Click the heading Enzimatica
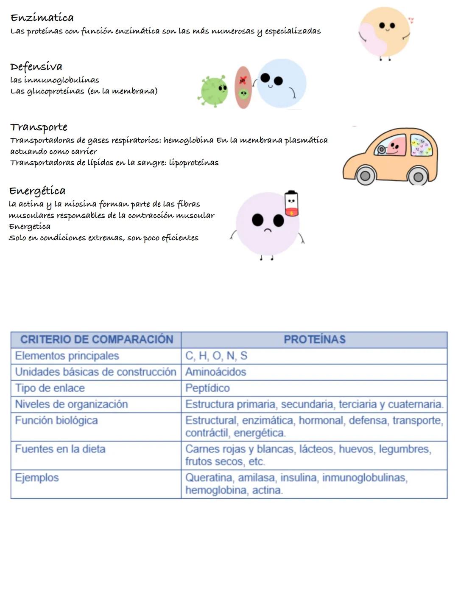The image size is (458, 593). point(42,17)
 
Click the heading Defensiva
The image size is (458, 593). point(36,67)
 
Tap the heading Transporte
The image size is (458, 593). point(39,127)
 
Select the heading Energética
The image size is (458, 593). point(37,191)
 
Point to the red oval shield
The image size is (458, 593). point(243,87)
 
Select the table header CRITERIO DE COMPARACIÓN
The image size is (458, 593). point(97,340)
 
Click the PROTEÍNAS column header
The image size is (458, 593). point(314,340)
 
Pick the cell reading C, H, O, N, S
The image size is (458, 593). point(216,356)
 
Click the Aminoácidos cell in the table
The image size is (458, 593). point(215,372)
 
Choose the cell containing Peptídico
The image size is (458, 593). point(207,388)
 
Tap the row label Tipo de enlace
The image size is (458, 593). point(50,388)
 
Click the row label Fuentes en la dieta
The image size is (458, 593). point(60,449)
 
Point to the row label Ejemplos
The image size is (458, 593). point(37,478)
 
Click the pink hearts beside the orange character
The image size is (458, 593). point(411,20)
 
